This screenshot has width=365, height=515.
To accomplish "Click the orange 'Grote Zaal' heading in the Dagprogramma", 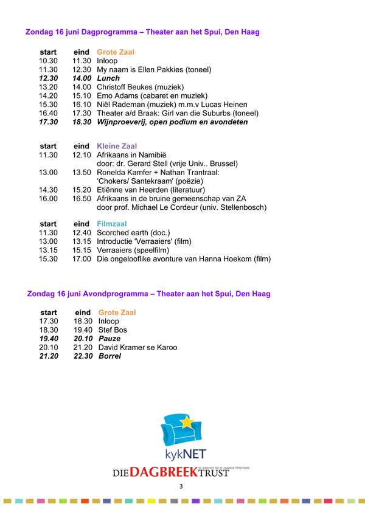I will pos(116,52).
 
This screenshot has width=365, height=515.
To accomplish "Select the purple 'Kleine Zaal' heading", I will pos(117,147).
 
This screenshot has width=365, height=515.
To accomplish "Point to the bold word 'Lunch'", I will pos(109,78).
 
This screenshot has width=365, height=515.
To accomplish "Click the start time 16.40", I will pos(48,113).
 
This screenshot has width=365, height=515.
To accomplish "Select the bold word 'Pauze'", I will pos(109,338).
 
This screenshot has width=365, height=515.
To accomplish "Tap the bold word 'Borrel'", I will pos(109,356).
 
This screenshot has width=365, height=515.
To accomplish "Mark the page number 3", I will pos(181,487).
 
